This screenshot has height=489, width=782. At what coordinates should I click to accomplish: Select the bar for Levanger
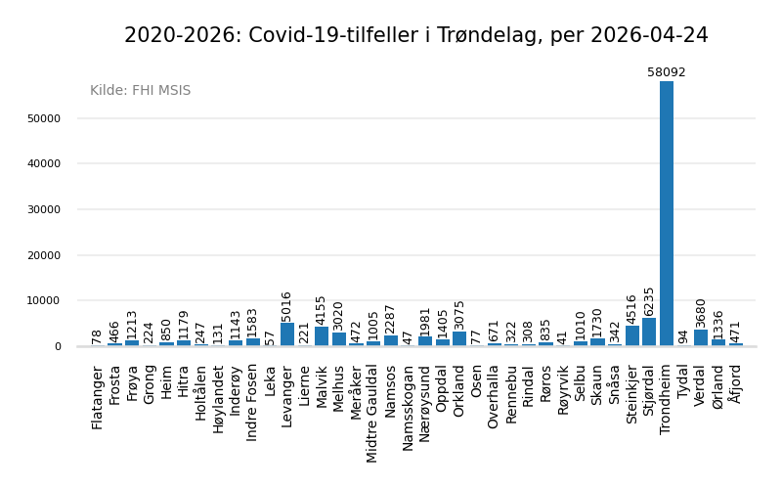tap(287, 334)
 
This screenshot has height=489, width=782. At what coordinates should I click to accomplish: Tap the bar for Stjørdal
tap(649, 332)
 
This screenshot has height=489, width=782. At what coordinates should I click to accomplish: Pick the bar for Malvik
tap(322, 336)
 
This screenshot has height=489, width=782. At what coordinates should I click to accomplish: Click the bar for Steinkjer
tap(632, 335)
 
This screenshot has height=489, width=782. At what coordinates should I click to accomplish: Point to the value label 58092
tap(667, 72)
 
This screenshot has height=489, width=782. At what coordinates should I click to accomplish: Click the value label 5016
tap(287, 306)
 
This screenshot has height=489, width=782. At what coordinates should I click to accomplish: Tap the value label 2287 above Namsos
tap(391, 319)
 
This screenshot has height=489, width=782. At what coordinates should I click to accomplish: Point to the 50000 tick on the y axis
tap(44, 118)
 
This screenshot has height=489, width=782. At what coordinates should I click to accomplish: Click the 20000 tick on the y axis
tap(44, 255)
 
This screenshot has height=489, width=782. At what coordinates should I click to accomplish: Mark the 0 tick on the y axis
tap(58, 346)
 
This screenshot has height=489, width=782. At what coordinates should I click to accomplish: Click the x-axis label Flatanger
tap(98, 398)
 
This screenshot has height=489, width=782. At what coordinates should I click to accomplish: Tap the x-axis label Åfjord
tap(735, 383)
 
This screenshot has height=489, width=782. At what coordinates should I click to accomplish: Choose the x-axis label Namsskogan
tap(408, 408)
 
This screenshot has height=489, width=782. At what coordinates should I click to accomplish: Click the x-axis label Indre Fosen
tap(252, 403)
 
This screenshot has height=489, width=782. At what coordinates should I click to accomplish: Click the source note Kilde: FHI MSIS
tap(141, 91)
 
